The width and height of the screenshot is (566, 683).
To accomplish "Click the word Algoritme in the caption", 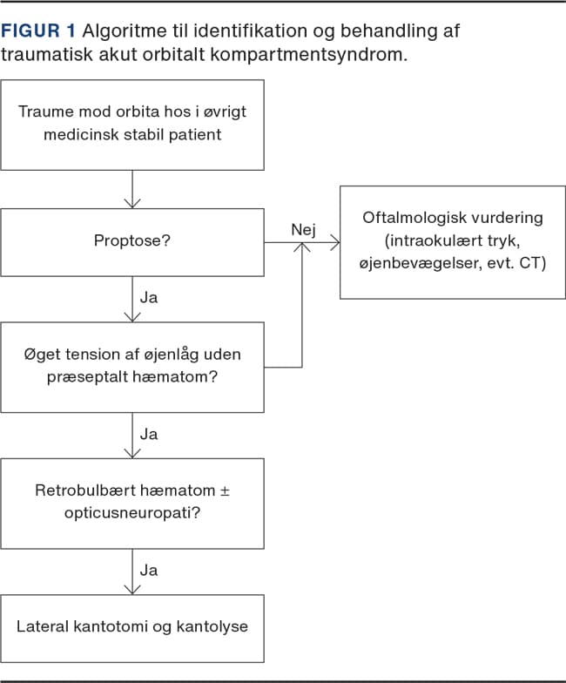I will coord(122,31).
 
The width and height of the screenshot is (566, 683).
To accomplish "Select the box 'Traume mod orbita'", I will coord(132,125).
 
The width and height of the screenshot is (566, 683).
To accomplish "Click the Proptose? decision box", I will coord(132,240).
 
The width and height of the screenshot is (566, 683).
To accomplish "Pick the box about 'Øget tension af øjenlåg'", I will coord(132,367).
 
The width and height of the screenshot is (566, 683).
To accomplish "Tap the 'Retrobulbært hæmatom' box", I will coord(132,503).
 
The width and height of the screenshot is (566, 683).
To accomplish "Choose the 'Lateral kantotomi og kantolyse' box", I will coord(132,626).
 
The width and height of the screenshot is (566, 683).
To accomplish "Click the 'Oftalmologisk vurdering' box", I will coord(452,241).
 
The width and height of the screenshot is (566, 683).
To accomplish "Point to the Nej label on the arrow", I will coord(302,230).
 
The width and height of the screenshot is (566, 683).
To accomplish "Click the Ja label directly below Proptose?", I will coord(149,297).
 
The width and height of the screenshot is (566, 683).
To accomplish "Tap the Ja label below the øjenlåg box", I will coord(149,433).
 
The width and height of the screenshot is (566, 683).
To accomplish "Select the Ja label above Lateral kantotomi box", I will coord(149,570).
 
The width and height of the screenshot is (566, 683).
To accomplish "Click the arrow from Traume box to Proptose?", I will coord(132,189).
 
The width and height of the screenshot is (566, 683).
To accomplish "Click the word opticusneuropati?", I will coord(132,513).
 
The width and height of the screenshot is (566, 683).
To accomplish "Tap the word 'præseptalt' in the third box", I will coord(81,378).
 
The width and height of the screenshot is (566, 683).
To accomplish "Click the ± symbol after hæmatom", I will coord(224,491).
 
